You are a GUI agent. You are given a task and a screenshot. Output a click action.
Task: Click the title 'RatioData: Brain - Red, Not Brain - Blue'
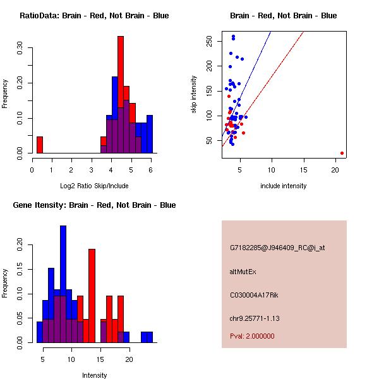tap(94, 15)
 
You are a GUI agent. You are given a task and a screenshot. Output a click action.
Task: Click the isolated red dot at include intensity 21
tap(342, 153)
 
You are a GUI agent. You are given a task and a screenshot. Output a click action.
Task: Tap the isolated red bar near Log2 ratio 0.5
tap(40, 145)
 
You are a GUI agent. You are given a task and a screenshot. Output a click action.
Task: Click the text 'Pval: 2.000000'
tap(252, 336)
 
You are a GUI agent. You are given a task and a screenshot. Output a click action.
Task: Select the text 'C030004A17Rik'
tap(252, 294)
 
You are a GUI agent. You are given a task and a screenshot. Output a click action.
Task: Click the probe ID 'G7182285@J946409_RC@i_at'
tap(277, 248)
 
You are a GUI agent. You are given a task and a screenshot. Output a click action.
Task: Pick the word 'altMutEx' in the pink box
tap(243, 272)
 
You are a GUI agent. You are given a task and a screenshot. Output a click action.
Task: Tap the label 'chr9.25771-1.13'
tap(255, 318)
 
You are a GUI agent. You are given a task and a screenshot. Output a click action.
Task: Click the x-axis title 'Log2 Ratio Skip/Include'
tap(94, 186)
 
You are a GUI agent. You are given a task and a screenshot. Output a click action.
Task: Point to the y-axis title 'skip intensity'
tap(194, 95)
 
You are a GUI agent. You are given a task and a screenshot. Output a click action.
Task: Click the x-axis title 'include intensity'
tap(283, 186)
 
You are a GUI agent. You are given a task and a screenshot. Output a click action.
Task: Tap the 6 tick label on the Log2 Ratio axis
tap(150, 169)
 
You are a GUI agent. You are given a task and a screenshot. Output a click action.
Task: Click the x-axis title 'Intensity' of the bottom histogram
tap(94, 375)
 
